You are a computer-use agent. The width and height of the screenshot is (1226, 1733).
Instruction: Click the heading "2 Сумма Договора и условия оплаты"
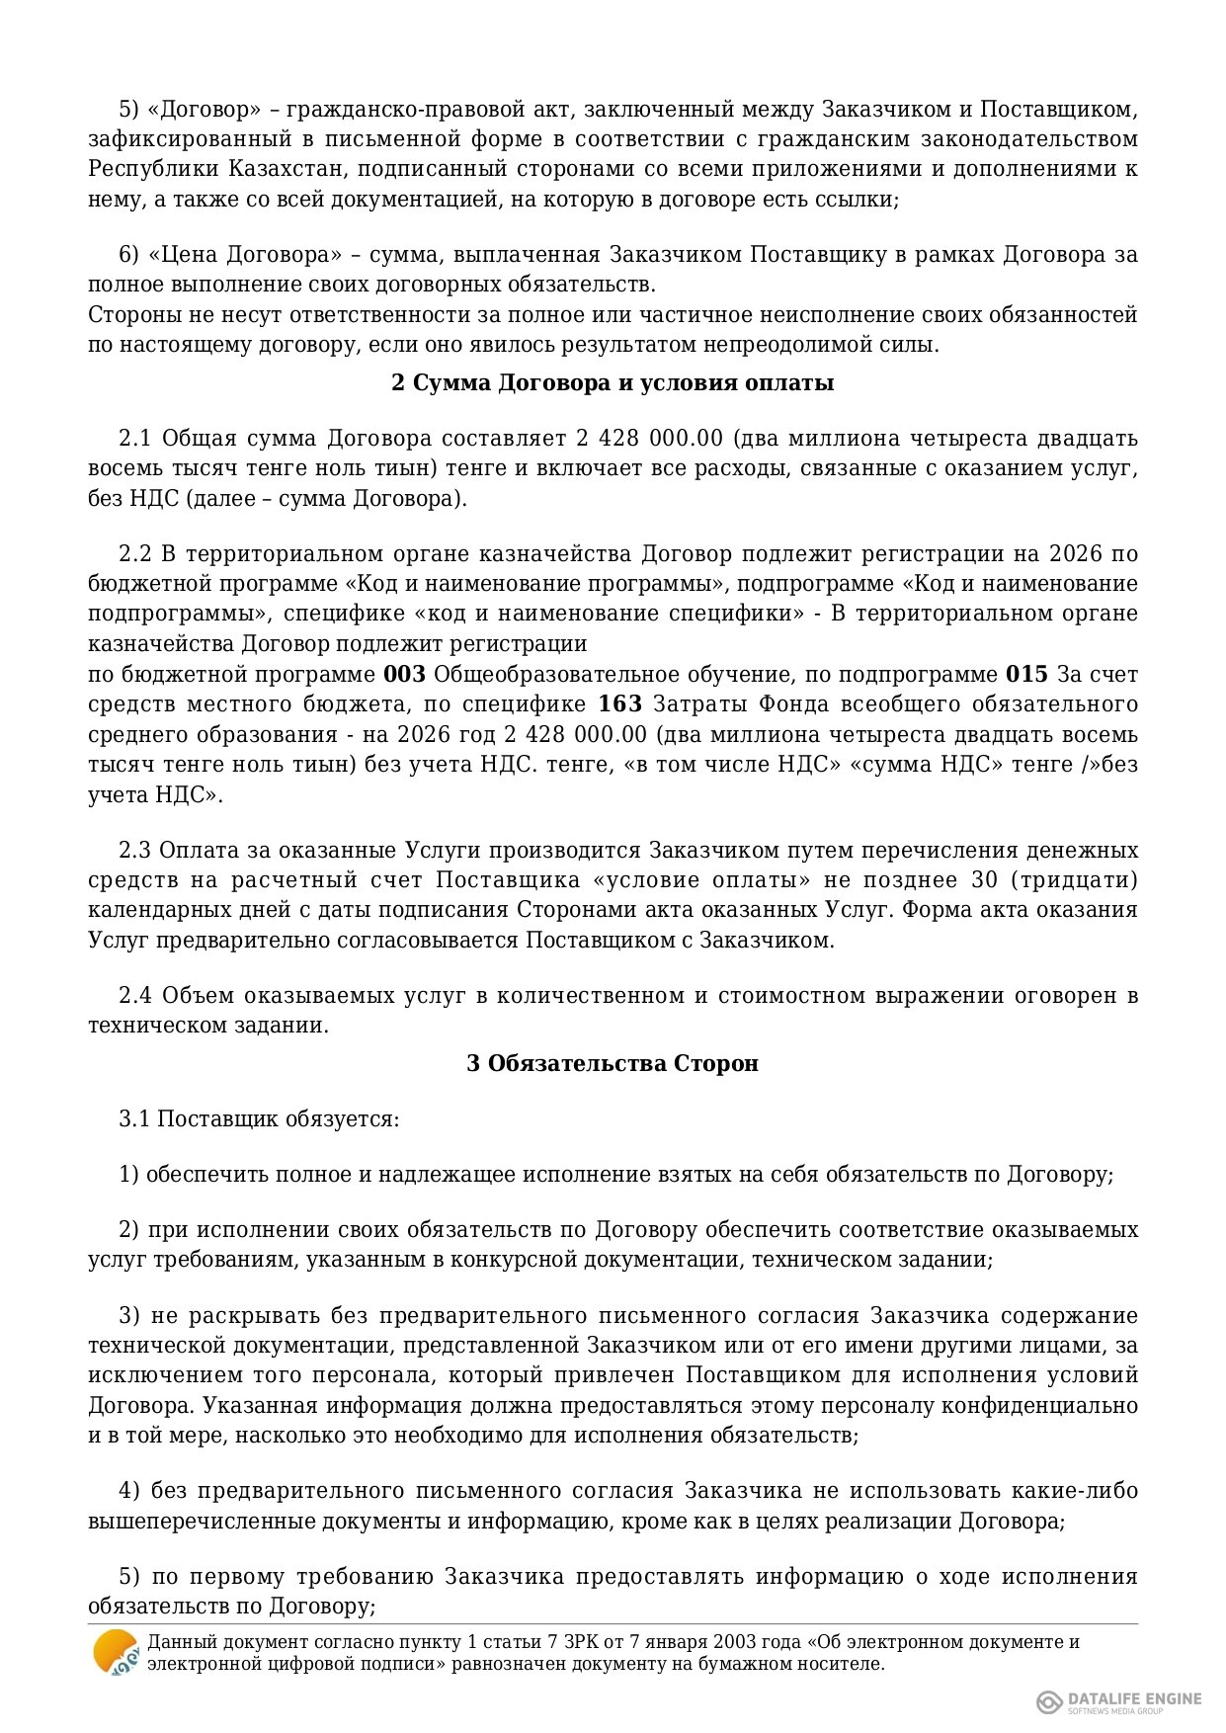point(613,382)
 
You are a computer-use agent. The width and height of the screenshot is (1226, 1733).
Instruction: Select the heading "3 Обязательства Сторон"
point(613,1063)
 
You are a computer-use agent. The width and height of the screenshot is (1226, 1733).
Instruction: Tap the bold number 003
point(404,674)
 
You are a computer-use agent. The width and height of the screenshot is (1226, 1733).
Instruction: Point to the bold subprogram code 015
point(1026,674)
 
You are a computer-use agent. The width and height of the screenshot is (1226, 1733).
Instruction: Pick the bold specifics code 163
point(620,703)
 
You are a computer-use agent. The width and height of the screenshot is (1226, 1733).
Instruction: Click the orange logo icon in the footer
point(116,1652)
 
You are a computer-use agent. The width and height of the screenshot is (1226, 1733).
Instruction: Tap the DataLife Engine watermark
point(1120,1701)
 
